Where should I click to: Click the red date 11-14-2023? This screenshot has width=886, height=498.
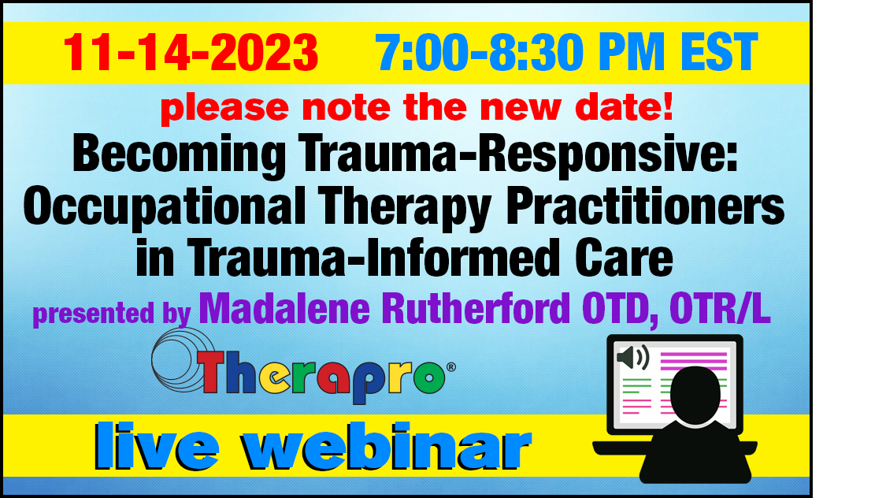(x=191, y=52)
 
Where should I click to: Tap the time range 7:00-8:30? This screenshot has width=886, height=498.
(x=479, y=52)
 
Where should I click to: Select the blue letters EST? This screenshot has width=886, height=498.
(x=719, y=52)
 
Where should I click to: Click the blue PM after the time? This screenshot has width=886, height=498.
(x=631, y=52)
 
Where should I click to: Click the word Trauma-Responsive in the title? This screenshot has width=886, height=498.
(x=517, y=154)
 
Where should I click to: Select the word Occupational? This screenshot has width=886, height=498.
(x=165, y=207)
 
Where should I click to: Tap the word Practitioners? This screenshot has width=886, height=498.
(x=645, y=206)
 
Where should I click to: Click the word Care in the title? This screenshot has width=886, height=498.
(x=624, y=257)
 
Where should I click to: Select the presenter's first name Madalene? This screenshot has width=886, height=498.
(x=284, y=308)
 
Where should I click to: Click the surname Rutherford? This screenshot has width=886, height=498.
(x=476, y=308)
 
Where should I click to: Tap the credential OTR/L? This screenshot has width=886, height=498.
(x=720, y=309)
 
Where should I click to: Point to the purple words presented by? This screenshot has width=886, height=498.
(x=111, y=314)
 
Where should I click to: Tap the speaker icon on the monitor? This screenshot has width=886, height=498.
(x=633, y=357)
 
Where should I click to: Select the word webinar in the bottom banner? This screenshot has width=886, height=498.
(x=387, y=446)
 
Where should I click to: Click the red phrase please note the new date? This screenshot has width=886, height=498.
(x=417, y=108)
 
